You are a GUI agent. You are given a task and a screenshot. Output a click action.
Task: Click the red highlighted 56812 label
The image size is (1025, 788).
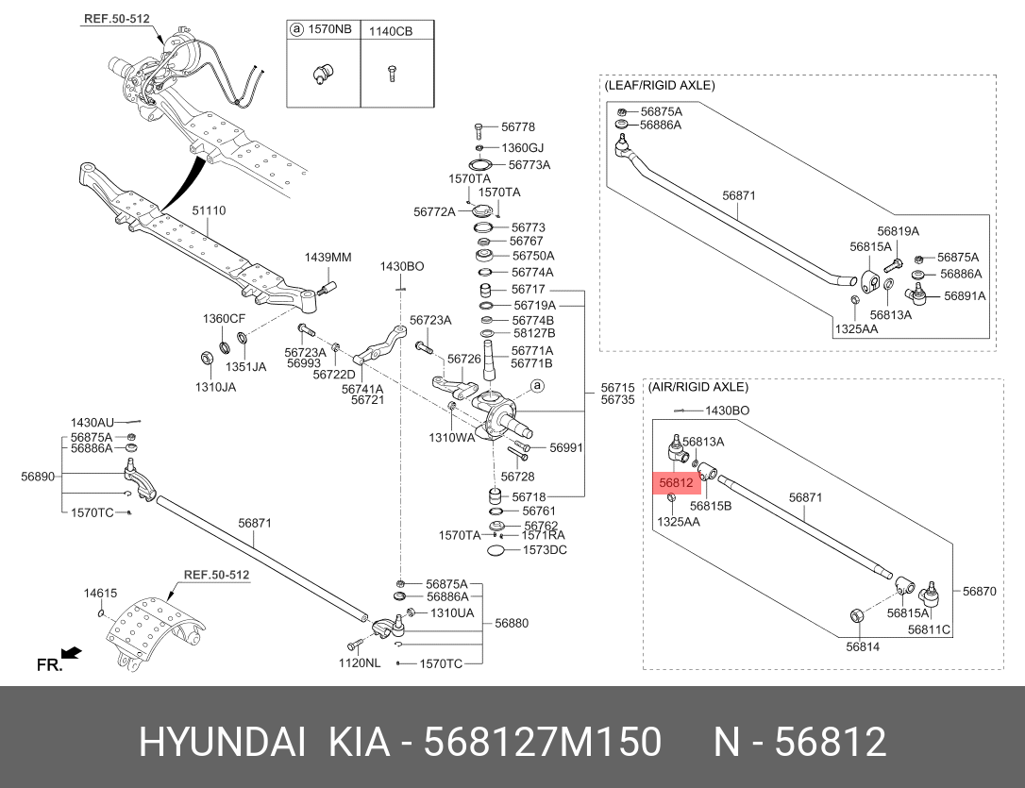677,483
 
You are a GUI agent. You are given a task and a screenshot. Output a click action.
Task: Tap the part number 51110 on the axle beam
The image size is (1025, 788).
210,211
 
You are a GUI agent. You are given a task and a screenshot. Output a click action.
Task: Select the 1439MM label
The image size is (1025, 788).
327,258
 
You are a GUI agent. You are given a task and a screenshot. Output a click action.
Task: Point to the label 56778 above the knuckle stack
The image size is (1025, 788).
517,126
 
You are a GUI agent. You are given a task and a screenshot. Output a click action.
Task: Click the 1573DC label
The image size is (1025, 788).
545,550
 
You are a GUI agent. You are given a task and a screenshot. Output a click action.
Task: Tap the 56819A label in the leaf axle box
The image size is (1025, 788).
897,231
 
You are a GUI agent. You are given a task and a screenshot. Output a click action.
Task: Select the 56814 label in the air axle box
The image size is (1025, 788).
862,646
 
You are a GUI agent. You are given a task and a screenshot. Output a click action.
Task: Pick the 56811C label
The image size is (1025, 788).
929,629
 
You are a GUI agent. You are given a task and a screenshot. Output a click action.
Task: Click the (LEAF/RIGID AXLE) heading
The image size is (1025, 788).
659,85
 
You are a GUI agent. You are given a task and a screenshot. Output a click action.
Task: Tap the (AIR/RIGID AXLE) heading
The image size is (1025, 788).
697,387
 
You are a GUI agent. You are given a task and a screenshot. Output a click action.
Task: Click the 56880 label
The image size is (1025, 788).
512,623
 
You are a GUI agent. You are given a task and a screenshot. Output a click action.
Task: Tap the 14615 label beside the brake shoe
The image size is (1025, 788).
100,594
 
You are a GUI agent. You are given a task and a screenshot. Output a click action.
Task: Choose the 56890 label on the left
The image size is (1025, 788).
37,477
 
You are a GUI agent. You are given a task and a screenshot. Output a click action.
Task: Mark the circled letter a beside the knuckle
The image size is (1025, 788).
537,385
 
